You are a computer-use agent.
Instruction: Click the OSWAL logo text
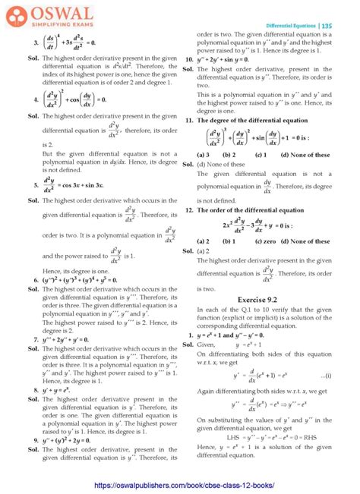click(x=48, y=12)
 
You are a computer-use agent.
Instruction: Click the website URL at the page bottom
click(x=179, y=484)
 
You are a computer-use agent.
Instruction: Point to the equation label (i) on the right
click(x=326, y=375)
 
